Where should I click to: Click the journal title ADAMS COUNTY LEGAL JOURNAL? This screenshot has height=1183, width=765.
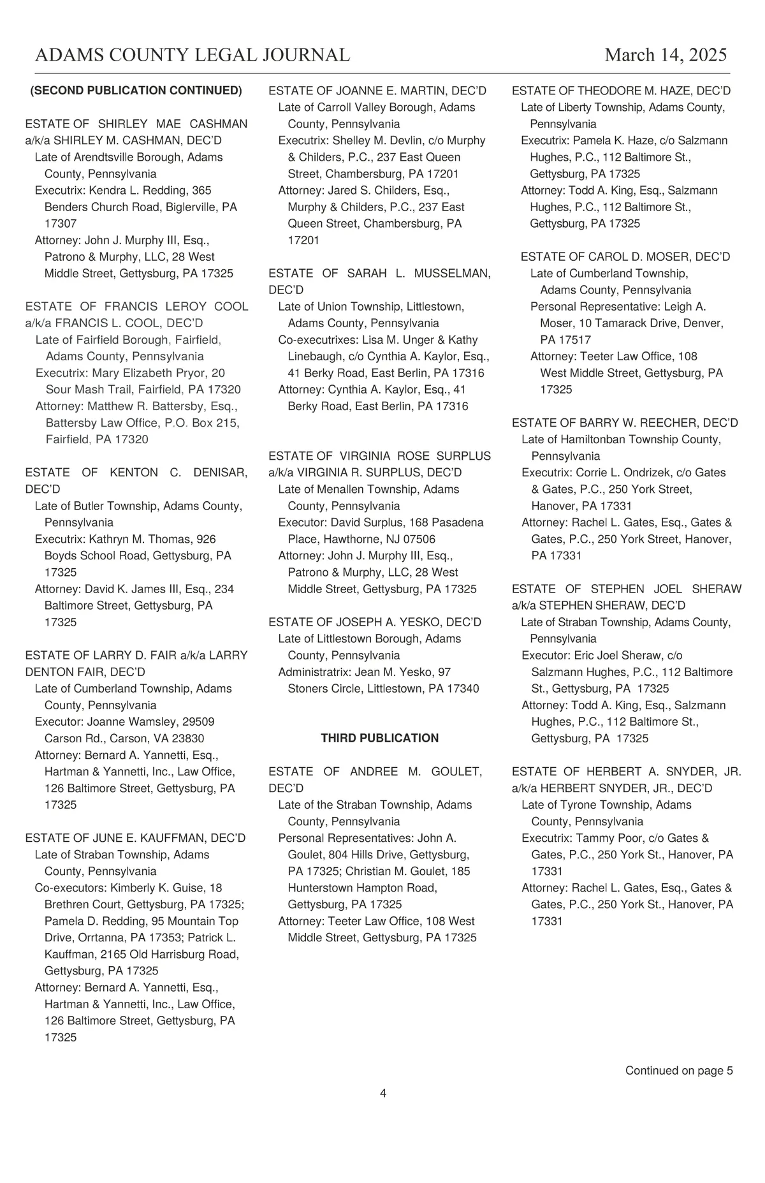(x=193, y=55)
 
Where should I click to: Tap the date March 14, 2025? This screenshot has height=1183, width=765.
(x=666, y=55)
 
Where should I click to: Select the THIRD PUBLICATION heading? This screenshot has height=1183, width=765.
(x=379, y=738)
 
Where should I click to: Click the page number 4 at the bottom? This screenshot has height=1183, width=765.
(x=383, y=1094)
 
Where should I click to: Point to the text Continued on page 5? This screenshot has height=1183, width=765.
(x=679, y=1071)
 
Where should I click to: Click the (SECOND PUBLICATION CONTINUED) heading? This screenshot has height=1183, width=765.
(x=136, y=91)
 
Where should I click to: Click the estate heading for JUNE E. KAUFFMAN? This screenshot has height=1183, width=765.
(x=135, y=838)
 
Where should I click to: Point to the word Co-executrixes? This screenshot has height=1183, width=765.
(x=312, y=340)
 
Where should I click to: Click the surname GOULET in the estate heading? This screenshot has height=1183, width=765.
(x=456, y=772)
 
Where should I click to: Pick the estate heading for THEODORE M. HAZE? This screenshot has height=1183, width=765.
(x=621, y=91)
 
